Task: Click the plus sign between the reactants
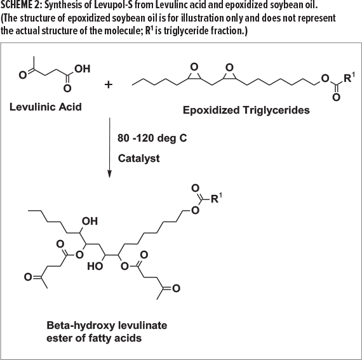[x=108, y=84]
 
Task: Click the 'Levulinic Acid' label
[x=46, y=107]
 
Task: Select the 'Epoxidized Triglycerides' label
[x=246, y=110]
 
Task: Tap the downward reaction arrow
[x=109, y=148]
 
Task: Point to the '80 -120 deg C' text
[x=152, y=138]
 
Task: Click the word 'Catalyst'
[x=138, y=159]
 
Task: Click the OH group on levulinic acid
[x=82, y=69]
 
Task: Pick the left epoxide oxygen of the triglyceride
[x=194, y=67]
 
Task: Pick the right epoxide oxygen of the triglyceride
[x=229, y=67]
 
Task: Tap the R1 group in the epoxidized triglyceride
[x=349, y=77]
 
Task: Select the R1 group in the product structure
[x=217, y=198]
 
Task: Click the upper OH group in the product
[x=90, y=221]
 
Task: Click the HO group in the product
[x=95, y=266]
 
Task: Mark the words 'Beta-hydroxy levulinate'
[x=107, y=325]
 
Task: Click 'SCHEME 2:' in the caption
[x=21, y=5]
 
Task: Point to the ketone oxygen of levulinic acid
[x=22, y=75]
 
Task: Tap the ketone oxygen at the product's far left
[x=28, y=277]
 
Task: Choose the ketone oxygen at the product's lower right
[x=176, y=288]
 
